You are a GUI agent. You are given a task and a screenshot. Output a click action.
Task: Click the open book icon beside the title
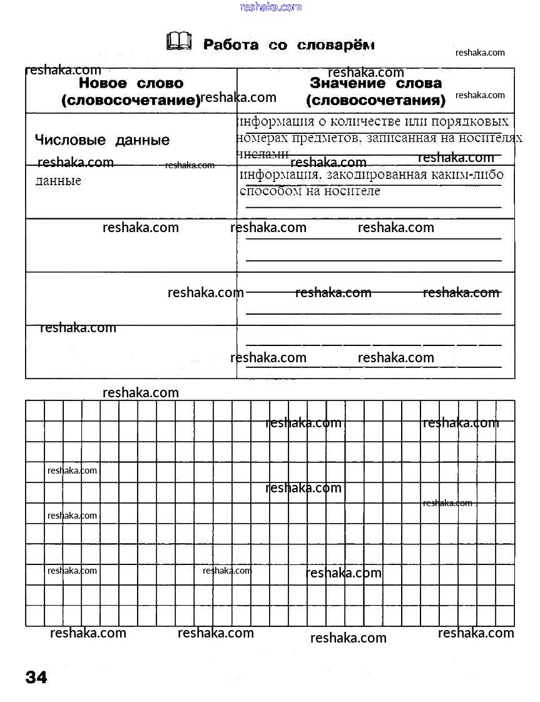coord(179,41)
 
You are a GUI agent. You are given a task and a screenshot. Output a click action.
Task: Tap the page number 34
coord(36,677)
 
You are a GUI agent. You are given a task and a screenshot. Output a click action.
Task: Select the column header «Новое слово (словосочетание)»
coord(131,91)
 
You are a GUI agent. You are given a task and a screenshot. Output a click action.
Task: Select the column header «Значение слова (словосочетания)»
coord(375,91)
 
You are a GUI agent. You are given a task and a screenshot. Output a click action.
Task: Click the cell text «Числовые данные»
coord(102,140)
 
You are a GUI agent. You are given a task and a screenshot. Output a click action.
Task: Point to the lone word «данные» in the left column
coord(58,181)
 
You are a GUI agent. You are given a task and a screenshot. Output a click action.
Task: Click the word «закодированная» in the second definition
coord(374,175)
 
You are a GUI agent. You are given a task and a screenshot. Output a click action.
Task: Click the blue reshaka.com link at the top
coord(271,7)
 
